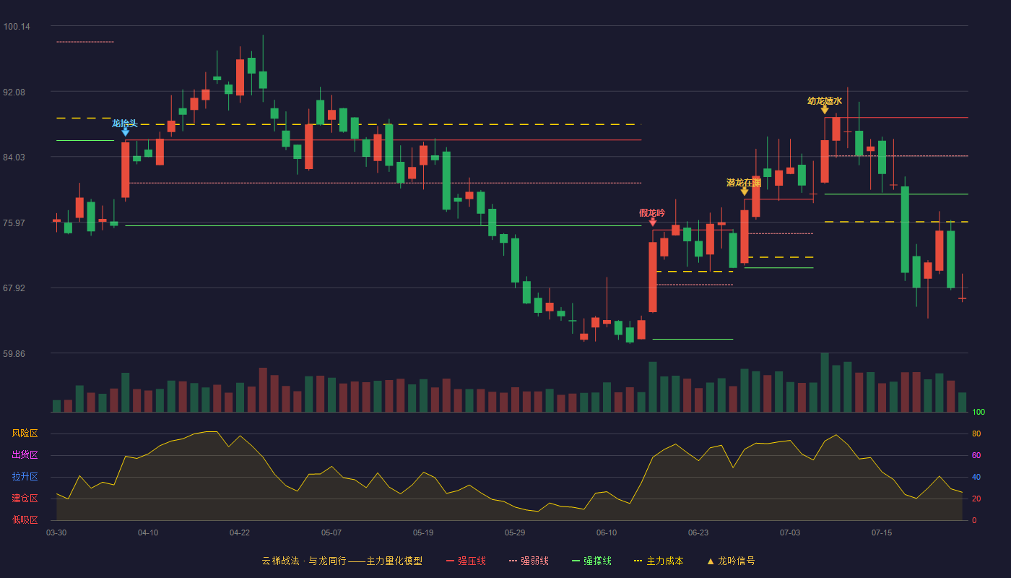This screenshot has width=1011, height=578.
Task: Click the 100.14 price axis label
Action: pos(17,27)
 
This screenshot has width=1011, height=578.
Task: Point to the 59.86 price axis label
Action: pos(14,353)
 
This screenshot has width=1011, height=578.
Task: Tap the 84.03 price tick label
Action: pos(14,158)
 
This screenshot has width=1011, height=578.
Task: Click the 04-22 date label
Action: pos(239,533)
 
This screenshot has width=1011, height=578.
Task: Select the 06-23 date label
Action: pos(698,533)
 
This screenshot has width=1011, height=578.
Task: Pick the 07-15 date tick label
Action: pos(882,533)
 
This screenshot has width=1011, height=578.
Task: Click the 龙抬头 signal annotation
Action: pos(124,124)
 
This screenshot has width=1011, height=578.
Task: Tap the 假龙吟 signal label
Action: pos(652,212)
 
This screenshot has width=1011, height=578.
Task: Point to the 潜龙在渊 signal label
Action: pos(744,182)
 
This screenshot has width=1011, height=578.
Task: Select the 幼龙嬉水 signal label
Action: pos(825,100)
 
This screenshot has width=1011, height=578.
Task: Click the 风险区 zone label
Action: pos(25,433)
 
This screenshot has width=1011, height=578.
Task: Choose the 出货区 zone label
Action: pos(25,454)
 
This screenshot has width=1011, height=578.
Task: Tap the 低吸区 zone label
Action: pos(25,519)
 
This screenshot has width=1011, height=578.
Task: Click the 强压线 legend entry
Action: pos(466,561)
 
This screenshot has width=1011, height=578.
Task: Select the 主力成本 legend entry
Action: pos(659,561)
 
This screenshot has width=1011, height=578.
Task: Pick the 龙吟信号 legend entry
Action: pos(731,561)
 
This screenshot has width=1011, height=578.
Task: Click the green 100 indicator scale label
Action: pos(979,412)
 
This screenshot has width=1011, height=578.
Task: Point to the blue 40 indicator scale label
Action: pos(976,477)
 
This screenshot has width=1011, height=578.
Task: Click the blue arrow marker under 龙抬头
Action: pos(126,132)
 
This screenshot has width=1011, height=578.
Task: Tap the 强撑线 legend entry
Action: pos(591,561)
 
